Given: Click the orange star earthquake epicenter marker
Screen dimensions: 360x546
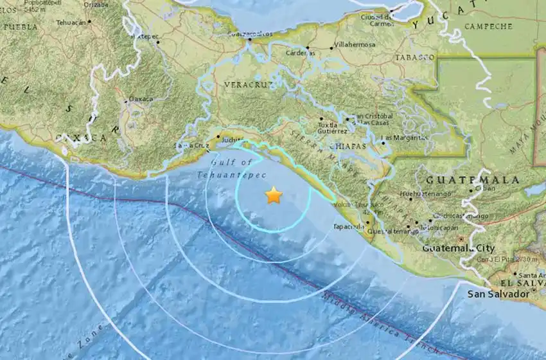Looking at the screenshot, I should point(274,195).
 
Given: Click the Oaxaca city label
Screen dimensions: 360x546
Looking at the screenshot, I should point(141,98).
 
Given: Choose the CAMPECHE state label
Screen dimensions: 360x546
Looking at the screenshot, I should point(488,26).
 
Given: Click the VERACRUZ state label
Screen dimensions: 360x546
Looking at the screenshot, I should point(245,84).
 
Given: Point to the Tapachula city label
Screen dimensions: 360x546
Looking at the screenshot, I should point(349,226).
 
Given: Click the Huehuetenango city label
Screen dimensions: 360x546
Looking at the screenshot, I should point(421,193).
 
